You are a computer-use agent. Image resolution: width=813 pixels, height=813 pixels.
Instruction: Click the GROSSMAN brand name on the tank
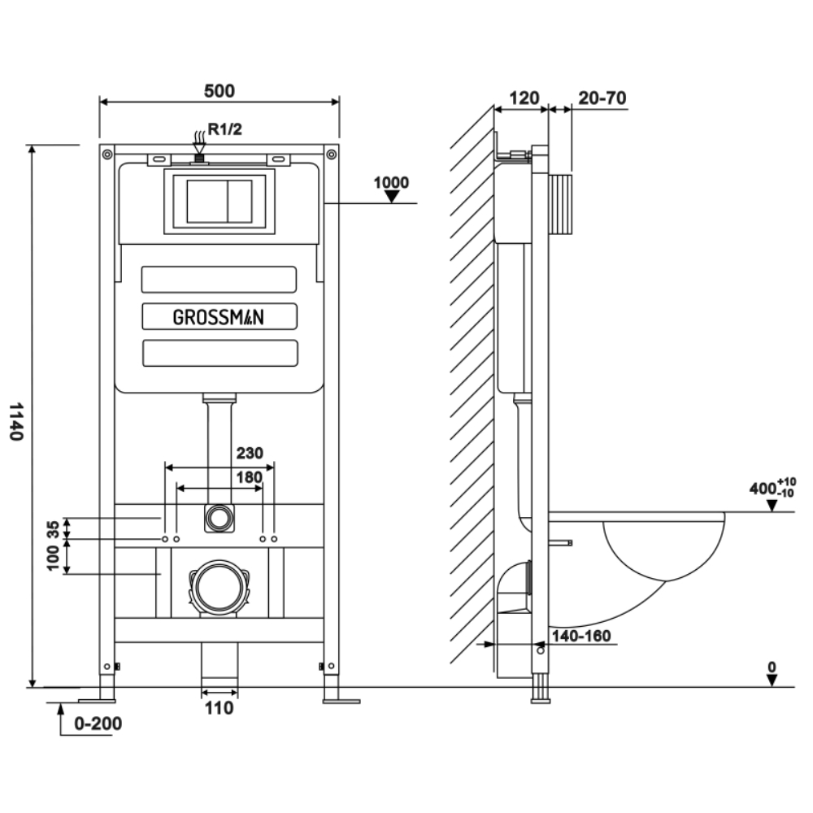219,318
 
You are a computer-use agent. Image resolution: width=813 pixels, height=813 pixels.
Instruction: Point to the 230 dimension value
250,454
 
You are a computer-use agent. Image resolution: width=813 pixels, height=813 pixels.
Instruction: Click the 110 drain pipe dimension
219,708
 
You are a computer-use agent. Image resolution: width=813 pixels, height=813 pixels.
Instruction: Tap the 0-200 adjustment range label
98,723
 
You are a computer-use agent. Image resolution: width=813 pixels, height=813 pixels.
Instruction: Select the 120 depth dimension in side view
524,98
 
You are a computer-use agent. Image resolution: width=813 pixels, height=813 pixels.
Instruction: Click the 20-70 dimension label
602,98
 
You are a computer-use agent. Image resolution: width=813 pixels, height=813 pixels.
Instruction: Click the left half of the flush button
207,201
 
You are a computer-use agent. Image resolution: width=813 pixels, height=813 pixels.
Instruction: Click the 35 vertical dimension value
54,529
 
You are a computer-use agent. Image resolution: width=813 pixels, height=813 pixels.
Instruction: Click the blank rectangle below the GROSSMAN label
219,353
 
